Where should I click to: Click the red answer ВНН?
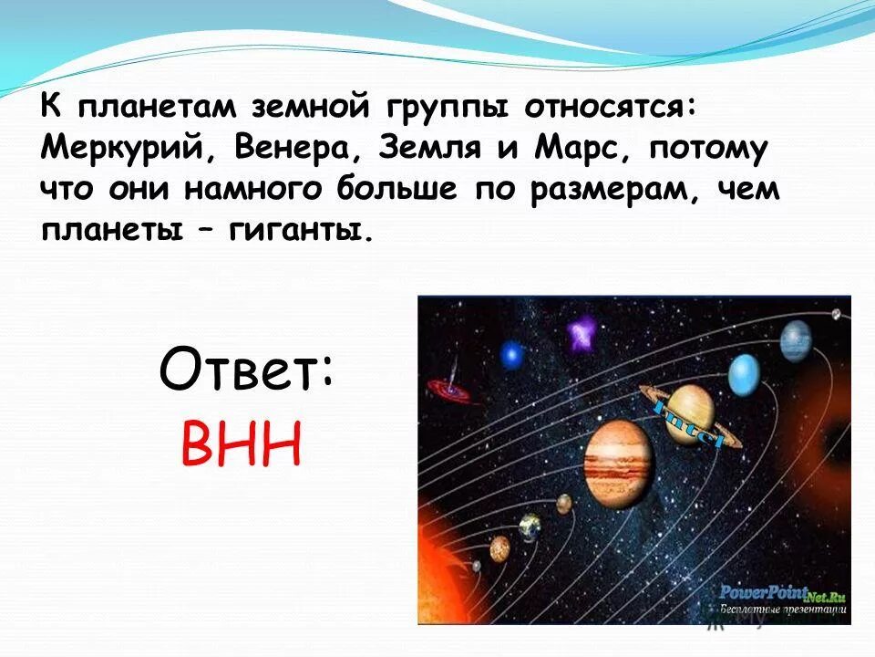241,443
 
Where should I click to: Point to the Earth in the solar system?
530,527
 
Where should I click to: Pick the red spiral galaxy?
448,390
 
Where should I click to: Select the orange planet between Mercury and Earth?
499,547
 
